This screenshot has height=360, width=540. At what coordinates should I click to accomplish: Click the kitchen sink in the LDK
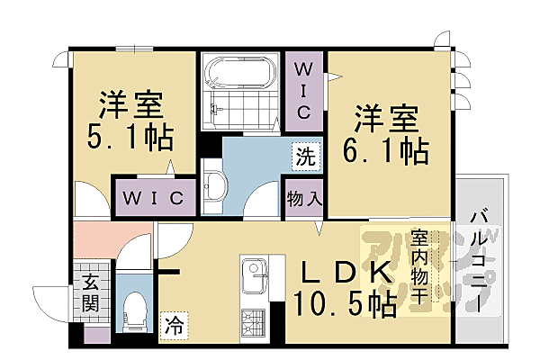(x=251, y=270)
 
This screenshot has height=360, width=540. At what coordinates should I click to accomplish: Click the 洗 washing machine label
(x=306, y=155)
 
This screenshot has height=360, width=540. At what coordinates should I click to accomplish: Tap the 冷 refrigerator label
(x=171, y=326)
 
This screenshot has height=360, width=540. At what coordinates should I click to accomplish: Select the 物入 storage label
(x=305, y=197)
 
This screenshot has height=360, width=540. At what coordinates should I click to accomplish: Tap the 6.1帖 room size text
(x=384, y=148)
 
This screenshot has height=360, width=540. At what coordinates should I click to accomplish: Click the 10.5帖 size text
(x=346, y=306)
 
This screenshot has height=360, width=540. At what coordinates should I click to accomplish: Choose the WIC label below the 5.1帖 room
(x=153, y=196)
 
